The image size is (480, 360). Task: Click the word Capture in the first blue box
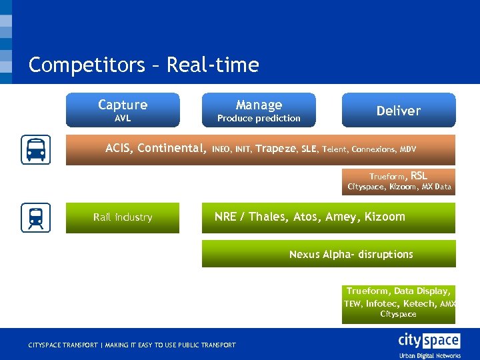[123, 105]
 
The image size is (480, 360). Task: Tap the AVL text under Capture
[123, 119]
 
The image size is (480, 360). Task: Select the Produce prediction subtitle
[259, 119]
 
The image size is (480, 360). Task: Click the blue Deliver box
[399, 111]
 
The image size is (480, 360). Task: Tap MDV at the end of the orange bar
[407, 149]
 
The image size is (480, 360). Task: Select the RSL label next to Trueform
[419, 176]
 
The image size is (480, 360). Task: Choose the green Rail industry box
[123, 217]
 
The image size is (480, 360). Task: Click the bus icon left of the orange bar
[35, 149]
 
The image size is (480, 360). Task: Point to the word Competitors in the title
[86, 65]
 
